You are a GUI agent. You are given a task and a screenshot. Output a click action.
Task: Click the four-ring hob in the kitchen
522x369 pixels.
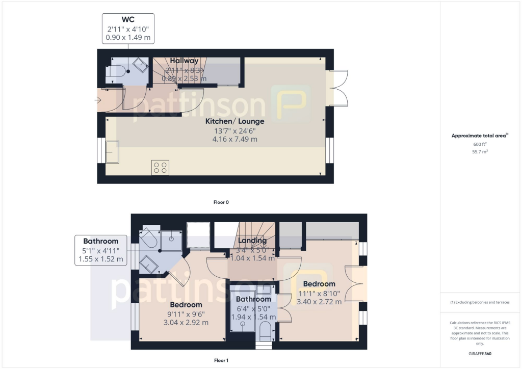tap(160, 168)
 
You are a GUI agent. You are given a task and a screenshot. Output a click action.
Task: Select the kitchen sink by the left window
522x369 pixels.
tap(112, 151)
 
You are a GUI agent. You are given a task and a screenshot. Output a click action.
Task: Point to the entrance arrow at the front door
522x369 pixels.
tap(98, 100)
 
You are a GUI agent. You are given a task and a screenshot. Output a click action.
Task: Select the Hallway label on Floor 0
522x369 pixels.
tap(184, 61)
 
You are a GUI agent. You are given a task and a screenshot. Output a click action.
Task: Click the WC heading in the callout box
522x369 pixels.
tap(127, 20)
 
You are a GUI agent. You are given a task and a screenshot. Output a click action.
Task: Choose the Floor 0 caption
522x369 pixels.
tap(221, 202)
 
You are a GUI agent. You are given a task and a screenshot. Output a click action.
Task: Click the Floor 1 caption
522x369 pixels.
tap(221, 360)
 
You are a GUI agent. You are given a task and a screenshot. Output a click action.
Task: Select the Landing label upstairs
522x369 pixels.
tap(252, 241)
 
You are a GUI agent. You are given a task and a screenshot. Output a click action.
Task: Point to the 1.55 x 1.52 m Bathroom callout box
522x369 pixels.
tap(100, 250)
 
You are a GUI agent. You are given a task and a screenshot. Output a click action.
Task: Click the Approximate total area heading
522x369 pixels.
tap(479, 136)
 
